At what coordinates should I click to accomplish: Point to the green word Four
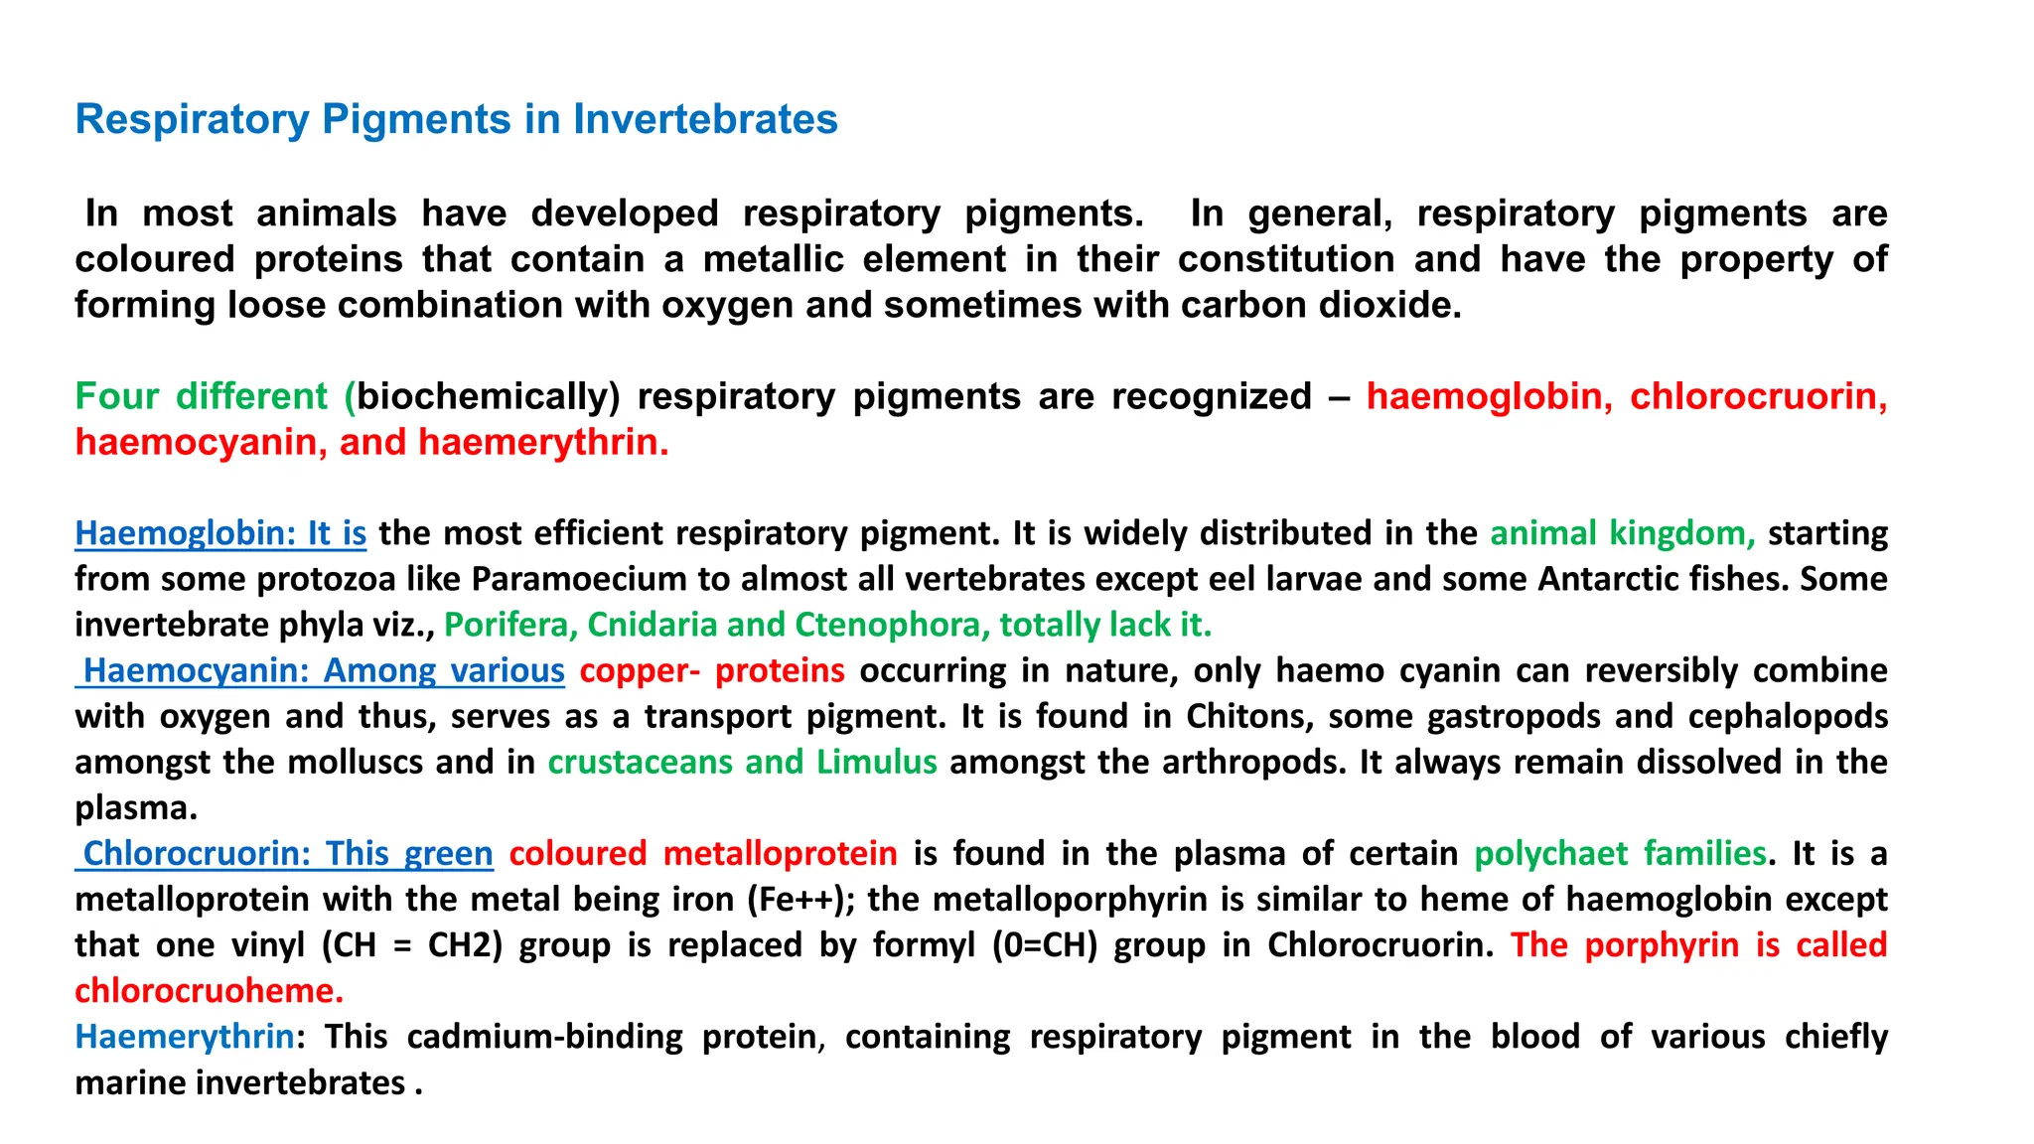(x=116, y=396)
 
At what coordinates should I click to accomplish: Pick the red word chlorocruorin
(x=1758, y=396)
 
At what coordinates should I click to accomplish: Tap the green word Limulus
(x=876, y=762)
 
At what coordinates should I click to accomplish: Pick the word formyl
(x=924, y=944)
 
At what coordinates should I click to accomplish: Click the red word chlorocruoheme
(x=209, y=990)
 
